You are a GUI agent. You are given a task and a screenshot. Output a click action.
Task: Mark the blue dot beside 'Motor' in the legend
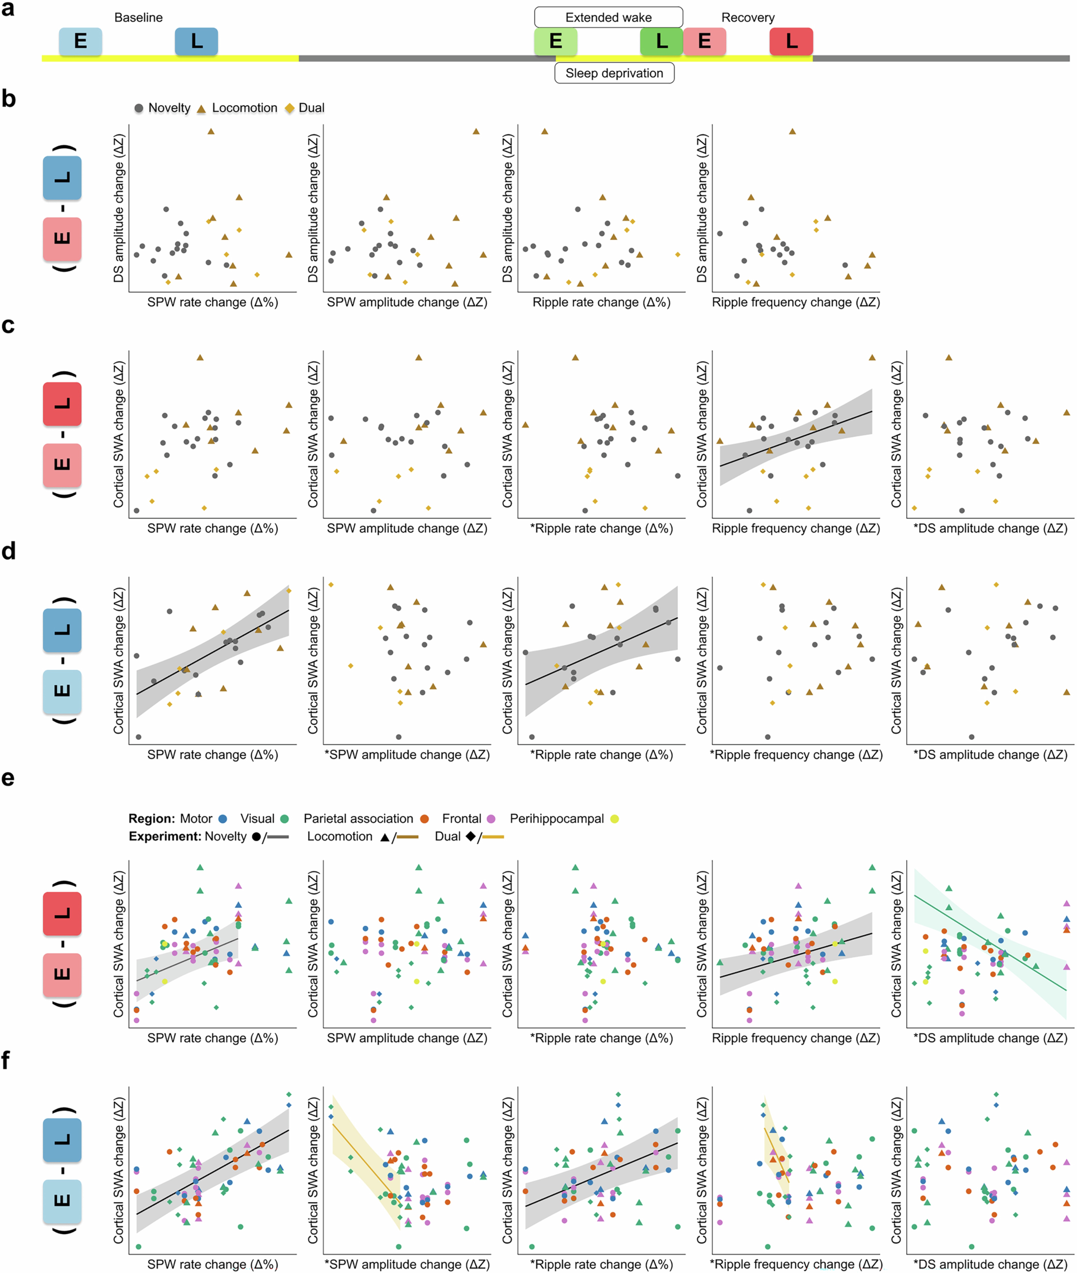tap(223, 819)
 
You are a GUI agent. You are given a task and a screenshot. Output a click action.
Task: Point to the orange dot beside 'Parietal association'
tap(424, 819)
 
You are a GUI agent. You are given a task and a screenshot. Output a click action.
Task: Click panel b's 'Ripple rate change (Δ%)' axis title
tap(601, 302)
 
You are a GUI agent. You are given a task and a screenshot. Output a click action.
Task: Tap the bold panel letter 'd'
tap(9, 551)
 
